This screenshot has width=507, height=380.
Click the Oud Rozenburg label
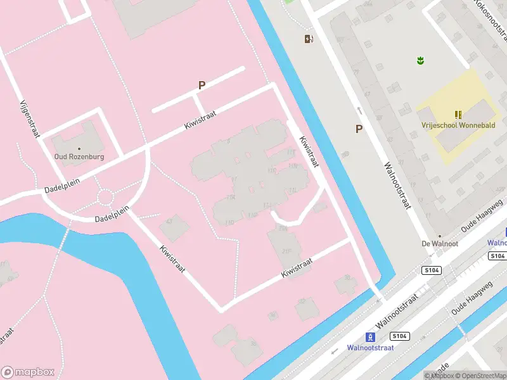pos(79,156)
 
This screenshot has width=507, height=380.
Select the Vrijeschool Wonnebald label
pos(458,125)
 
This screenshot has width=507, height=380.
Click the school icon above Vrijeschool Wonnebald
pos(458,115)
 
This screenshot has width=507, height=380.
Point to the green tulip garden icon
pos(419,61)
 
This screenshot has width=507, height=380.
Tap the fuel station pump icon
pos(309,39)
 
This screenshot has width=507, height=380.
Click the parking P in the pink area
pos(202,85)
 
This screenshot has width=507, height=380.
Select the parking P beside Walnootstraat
pos(359,129)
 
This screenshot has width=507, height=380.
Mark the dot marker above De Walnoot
pos(440,236)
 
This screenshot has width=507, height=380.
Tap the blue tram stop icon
pos(370,337)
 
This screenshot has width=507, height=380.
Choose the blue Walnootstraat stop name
pos(370,348)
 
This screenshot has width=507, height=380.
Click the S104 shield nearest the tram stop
pos(399,336)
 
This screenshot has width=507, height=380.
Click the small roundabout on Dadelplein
pos(105,198)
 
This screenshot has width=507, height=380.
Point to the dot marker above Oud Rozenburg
pos(79,148)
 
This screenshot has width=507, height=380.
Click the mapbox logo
pos(27,372)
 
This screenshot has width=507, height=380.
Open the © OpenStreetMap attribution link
pos(480,376)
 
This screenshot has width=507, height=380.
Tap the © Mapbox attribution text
pos(439,376)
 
